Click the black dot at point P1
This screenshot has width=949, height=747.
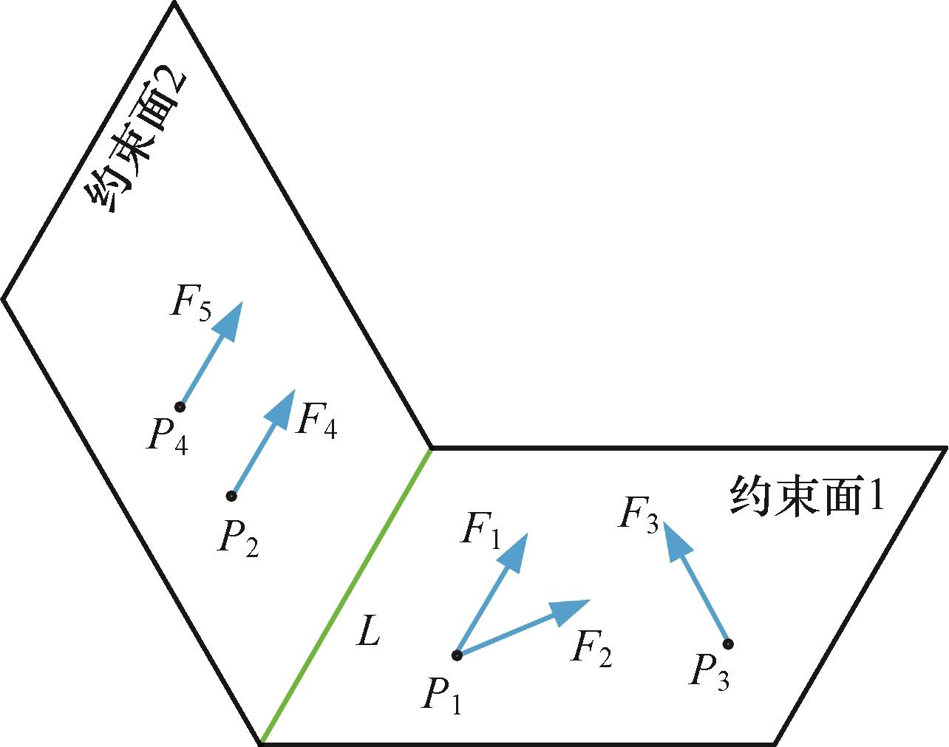tap(457, 655)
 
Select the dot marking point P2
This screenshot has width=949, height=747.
tap(231, 495)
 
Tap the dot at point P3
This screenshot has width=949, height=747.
tap(728, 644)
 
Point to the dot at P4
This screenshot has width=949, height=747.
tap(180, 406)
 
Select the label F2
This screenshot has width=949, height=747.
tap(592, 650)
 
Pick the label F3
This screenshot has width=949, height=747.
tap(638, 515)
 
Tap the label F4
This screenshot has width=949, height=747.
tap(316, 423)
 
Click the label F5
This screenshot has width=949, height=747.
tap(191, 303)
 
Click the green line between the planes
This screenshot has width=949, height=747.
tap(346, 596)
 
